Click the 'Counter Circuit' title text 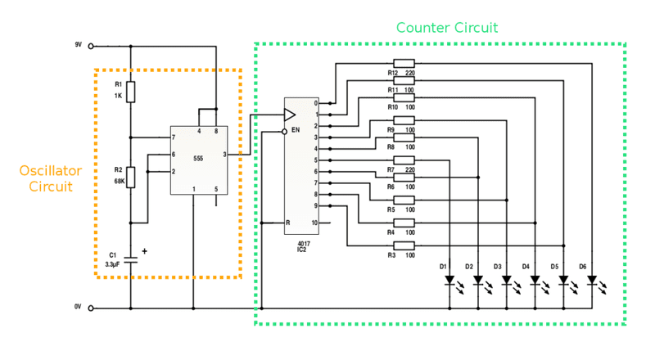447,27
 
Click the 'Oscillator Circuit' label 51,178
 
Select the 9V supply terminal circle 91,47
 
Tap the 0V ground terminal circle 91,308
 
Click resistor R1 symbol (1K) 131,90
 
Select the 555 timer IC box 199,160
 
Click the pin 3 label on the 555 224,154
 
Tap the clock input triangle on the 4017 289,114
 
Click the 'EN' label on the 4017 296,130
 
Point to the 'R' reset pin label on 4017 287,223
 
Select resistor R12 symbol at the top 404,63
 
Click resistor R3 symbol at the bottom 404,245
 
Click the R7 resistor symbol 404,160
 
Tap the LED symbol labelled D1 449,281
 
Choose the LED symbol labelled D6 592,281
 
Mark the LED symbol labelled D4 535,281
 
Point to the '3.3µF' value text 113,264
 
